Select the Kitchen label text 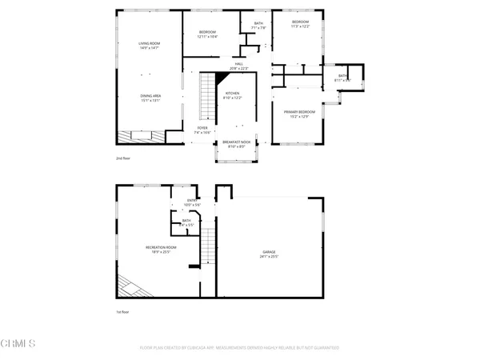tap(233, 94)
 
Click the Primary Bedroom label tap(299, 112)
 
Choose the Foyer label tap(202, 127)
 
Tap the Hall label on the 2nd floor tap(238, 64)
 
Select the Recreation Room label tap(161, 247)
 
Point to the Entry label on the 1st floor tap(192, 200)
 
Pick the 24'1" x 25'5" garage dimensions tap(269, 256)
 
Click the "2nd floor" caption tap(124, 159)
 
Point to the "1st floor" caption tap(124, 312)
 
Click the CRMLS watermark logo tap(19, 345)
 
